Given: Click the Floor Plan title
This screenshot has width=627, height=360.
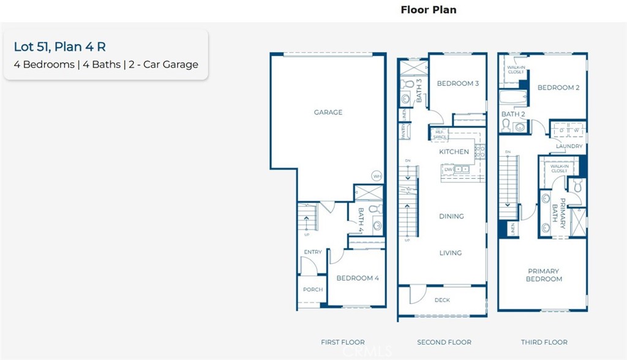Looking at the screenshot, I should (x=428, y=10).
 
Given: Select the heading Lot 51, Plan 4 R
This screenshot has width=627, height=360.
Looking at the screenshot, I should (x=55, y=47).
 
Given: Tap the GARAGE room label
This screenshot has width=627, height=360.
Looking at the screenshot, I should (x=328, y=113).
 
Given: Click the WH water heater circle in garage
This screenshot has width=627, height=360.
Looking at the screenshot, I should (x=377, y=176).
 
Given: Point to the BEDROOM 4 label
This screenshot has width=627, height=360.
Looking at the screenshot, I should (x=358, y=278).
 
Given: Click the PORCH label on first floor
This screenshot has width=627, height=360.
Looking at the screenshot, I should (x=313, y=290).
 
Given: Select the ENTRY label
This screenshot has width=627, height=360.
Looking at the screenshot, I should (x=313, y=252).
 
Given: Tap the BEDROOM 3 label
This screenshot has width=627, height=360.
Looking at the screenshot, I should (x=458, y=84).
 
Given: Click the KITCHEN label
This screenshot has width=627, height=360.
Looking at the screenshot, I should (x=454, y=152).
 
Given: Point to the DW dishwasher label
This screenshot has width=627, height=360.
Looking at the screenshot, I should (x=448, y=169).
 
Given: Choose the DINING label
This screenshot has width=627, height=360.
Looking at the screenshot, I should (x=451, y=216).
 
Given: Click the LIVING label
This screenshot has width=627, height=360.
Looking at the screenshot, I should (x=451, y=253).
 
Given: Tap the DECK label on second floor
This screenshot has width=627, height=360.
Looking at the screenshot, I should (x=442, y=300).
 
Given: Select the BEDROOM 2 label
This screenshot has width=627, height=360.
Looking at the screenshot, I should (x=558, y=88).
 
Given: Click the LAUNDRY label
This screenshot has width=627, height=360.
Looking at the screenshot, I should (x=569, y=146).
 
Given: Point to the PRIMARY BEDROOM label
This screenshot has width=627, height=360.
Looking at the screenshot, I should (x=544, y=275).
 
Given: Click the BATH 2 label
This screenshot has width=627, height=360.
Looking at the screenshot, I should (x=513, y=114).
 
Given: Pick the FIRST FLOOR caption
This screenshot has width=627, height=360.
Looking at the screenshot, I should (x=343, y=342).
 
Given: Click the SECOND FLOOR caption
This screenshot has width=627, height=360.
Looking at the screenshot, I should (x=444, y=342).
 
